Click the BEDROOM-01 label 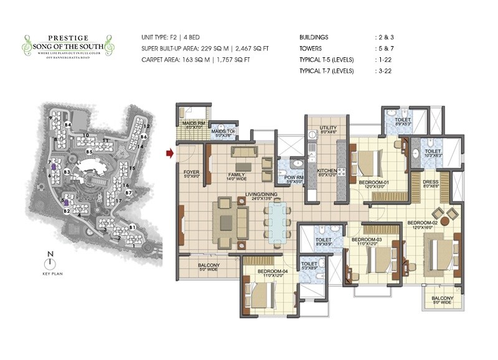(374, 182)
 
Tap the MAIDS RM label (194, 123)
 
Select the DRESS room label (430, 182)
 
